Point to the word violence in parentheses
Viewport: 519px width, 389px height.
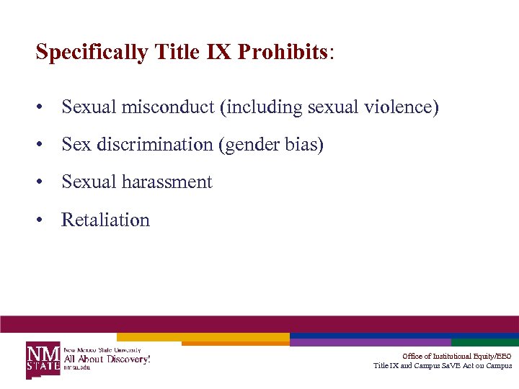point(406,107)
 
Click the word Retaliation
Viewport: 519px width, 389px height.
point(106,220)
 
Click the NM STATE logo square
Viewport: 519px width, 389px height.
point(43,358)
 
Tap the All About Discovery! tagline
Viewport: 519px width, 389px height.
point(107,358)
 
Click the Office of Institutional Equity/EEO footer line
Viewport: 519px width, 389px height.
point(457,356)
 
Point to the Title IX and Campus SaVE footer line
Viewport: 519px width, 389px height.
point(443,366)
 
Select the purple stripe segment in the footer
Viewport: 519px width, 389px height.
point(371,343)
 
